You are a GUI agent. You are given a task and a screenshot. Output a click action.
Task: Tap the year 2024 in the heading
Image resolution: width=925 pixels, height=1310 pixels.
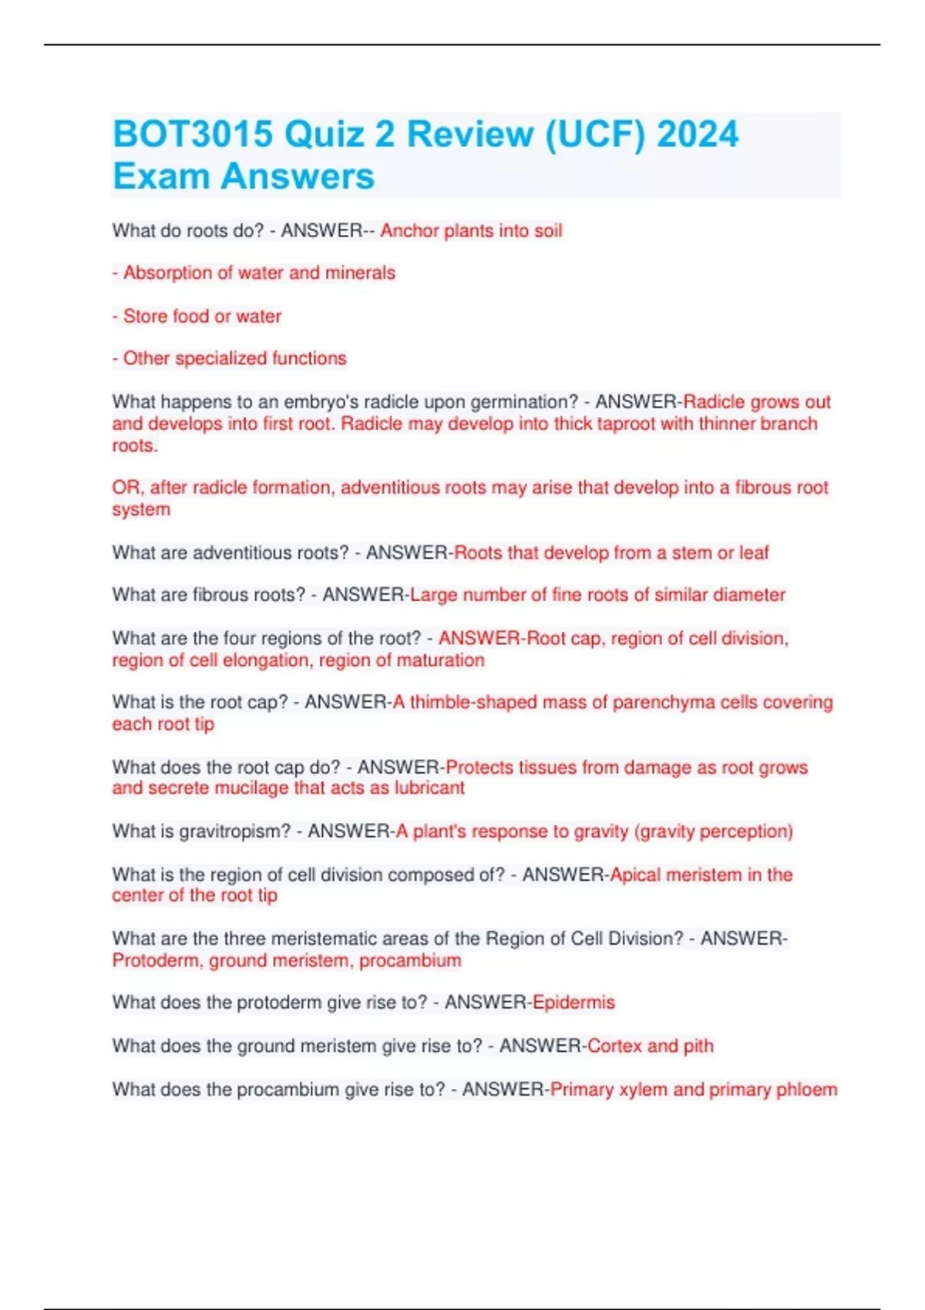point(698,134)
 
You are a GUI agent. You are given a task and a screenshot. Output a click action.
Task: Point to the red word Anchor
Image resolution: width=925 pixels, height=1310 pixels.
point(409,230)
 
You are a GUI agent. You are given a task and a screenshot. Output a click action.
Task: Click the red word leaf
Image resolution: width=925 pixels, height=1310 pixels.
point(754,553)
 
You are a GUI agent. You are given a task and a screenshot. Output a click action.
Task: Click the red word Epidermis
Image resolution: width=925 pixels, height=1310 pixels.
point(573,1003)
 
